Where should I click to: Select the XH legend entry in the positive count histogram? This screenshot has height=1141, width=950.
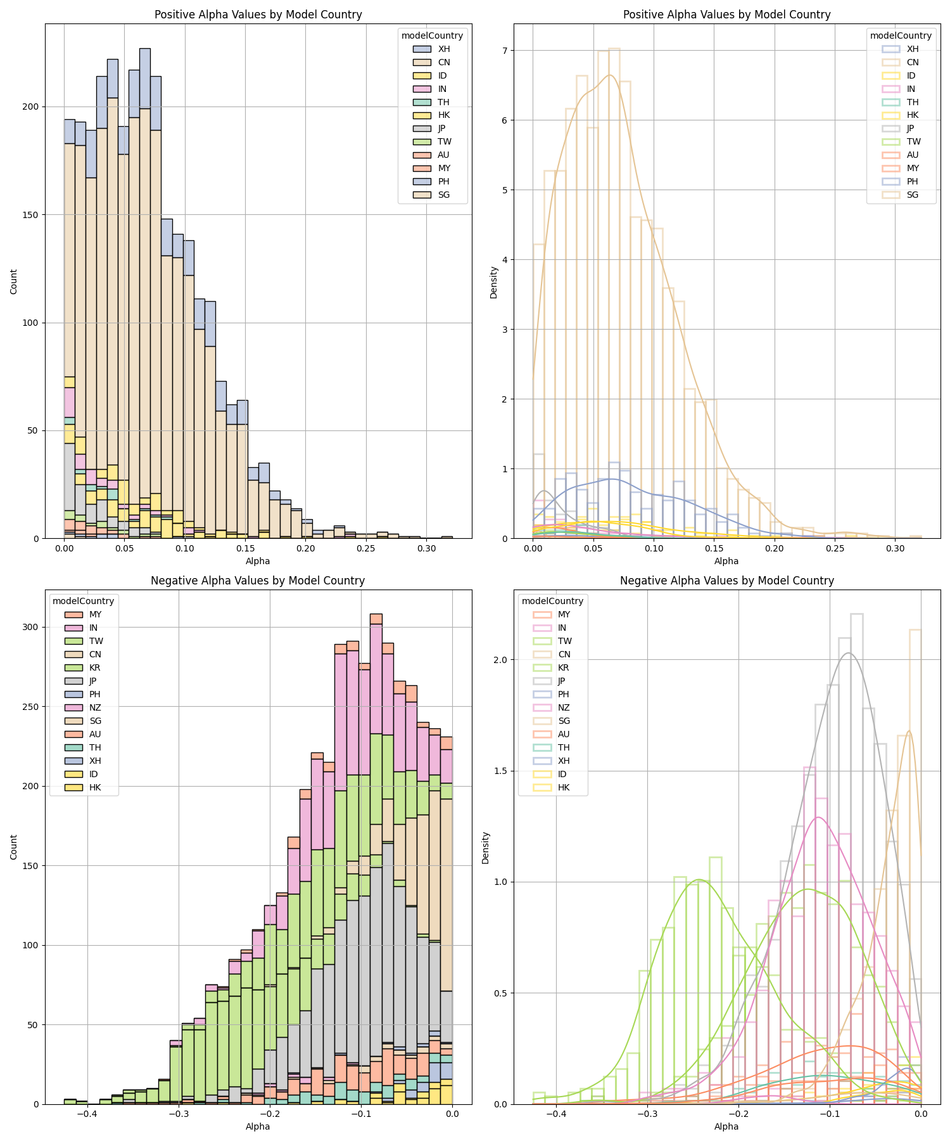coord(444,49)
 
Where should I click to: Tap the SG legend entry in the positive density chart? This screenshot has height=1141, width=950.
coord(913,195)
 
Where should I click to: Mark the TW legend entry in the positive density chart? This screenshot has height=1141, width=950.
coord(913,141)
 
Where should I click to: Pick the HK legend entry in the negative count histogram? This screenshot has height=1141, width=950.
coord(95,787)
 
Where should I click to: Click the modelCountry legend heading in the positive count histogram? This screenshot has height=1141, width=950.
coord(432,35)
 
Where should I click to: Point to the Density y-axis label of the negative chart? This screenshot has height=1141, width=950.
coord(486,848)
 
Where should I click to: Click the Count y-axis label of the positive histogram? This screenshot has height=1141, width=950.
coord(14,281)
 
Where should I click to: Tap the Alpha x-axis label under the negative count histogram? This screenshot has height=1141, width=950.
coord(258,1126)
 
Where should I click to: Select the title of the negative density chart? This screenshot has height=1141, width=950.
coord(726,581)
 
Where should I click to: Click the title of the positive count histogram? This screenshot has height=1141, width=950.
coord(258,15)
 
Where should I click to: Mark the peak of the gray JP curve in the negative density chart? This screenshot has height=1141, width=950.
coord(849,653)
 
